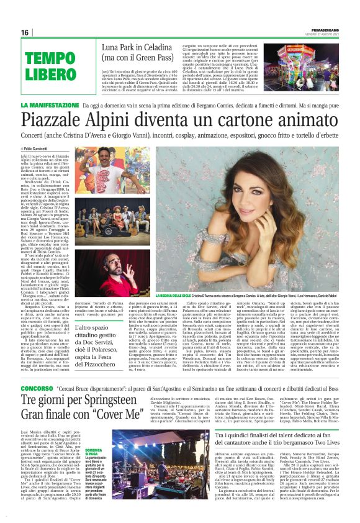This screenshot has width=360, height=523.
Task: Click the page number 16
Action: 24,32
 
